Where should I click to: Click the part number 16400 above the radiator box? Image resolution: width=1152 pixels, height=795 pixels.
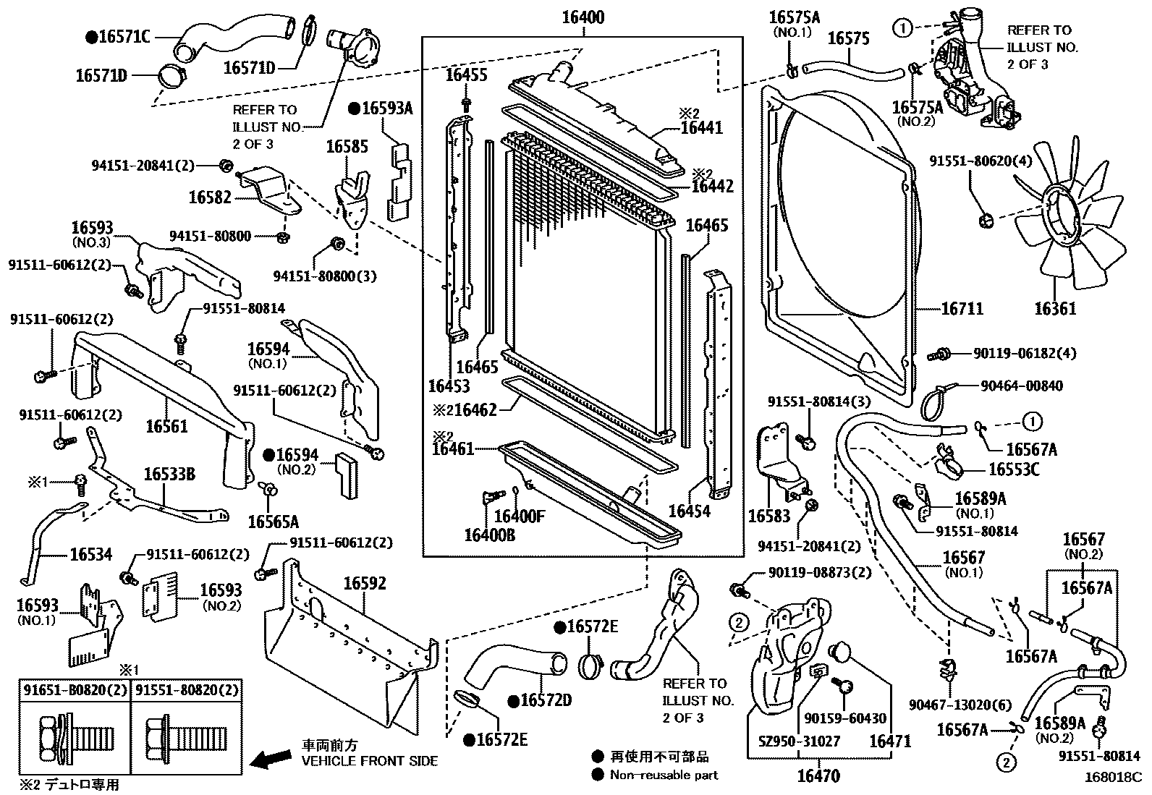click(583, 17)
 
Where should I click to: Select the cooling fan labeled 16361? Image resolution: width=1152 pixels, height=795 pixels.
click(1071, 217)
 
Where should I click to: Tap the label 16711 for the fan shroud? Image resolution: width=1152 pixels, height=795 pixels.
click(962, 309)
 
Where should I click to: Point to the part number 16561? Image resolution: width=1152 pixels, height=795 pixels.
click(166, 425)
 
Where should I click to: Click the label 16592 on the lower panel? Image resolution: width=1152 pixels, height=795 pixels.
click(365, 583)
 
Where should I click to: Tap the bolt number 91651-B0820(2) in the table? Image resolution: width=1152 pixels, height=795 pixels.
click(75, 689)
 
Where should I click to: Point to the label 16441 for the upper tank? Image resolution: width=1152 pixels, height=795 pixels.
click(701, 128)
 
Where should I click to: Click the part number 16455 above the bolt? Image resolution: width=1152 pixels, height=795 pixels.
click(466, 75)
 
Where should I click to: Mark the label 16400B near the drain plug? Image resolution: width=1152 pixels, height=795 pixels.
click(489, 535)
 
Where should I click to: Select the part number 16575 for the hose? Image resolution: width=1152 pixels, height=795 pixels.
click(848, 38)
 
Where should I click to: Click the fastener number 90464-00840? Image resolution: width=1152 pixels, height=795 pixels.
click(1022, 386)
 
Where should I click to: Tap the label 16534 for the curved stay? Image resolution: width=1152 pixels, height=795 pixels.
click(90, 555)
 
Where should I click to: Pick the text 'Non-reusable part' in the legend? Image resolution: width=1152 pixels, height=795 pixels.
click(664, 775)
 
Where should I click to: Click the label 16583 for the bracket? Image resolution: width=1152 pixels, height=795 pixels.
click(768, 516)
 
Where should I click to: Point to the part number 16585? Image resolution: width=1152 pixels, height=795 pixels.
click(347, 146)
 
